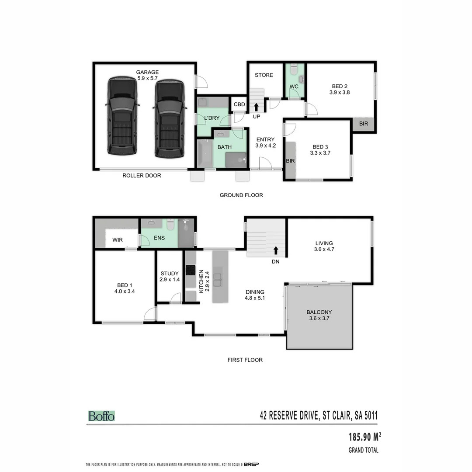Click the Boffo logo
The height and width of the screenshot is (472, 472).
[101, 416]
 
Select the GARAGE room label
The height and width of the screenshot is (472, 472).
[147, 72]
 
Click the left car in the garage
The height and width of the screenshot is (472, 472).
[123, 117]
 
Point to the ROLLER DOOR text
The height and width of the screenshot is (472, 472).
[142, 176]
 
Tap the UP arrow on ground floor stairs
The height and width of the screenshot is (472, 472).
[256, 106]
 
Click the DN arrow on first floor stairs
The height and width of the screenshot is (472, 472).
[276, 250]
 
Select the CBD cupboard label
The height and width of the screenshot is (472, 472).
[239, 104]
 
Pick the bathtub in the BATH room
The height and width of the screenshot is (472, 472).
[205, 153]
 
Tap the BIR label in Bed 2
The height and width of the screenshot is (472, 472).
[364, 124]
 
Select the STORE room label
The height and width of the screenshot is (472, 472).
[264, 75]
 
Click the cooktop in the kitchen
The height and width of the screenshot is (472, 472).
[191, 271]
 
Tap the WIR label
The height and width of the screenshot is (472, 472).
[118, 240]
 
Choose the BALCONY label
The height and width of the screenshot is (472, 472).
[319, 312]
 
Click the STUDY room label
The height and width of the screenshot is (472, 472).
[170, 274]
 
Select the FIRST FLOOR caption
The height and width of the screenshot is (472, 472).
[245, 360]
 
